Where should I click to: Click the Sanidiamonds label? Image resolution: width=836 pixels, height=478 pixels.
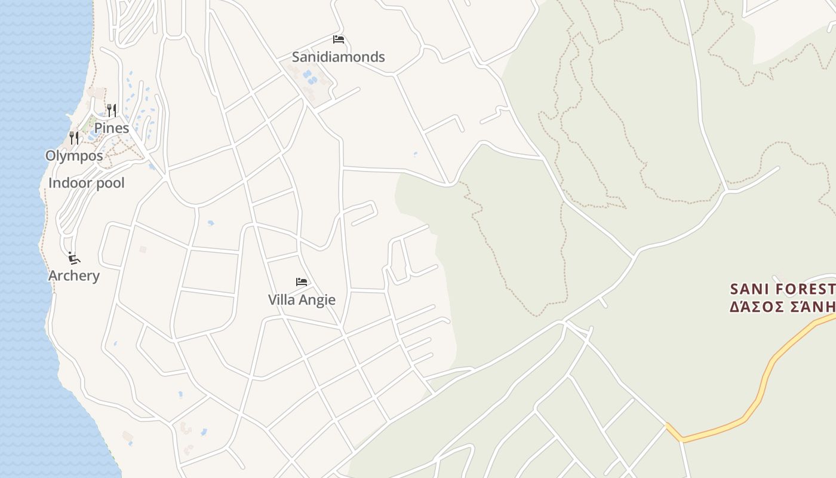pos(338,57)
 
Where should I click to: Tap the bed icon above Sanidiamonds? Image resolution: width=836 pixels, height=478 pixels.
pos(339,40)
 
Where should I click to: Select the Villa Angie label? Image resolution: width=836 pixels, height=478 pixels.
pos(302,299)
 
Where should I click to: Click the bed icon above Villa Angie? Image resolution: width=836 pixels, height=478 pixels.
pos(302,282)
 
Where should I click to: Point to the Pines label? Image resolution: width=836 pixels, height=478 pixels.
pos(112,128)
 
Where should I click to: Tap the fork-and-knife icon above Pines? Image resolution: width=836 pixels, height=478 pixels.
pos(111,110)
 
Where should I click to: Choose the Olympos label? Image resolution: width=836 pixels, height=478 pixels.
pos(74,156)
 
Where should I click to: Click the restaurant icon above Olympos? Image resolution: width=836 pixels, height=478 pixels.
pos(74,138)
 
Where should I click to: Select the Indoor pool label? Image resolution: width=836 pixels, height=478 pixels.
pos(87,183)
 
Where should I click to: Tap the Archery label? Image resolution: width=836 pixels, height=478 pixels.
pos(74,275)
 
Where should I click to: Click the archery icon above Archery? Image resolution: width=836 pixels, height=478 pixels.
pos(74,258)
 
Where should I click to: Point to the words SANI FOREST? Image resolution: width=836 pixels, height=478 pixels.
pos(782,289)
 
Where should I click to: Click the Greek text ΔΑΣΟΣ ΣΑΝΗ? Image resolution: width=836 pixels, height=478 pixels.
pos(782,307)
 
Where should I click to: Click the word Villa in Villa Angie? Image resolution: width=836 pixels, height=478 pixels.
pos(281,299)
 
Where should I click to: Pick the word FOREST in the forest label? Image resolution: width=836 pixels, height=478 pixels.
pos(803,289)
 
